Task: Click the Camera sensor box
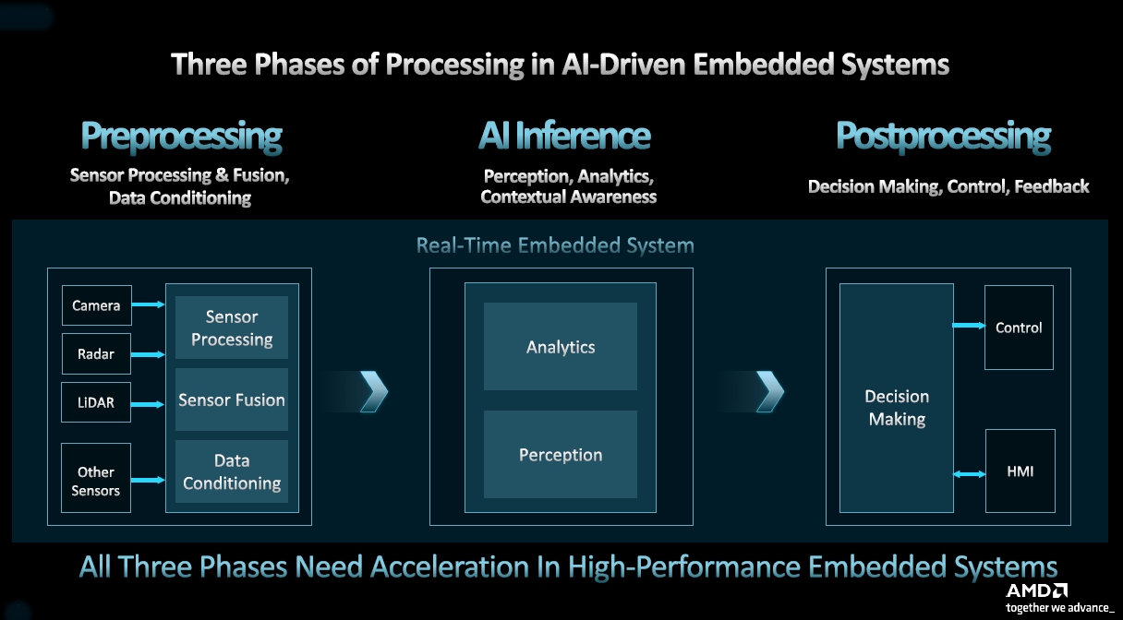(x=96, y=305)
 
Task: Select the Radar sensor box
(x=96, y=353)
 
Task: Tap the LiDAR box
(x=96, y=402)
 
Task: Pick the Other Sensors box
(x=96, y=481)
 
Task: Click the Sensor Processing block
(x=232, y=328)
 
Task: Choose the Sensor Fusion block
(x=232, y=400)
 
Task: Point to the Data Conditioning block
(x=232, y=471)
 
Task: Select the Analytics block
(x=561, y=347)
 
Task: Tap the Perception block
(x=561, y=455)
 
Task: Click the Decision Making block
(x=896, y=407)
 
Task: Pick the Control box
(x=1019, y=328)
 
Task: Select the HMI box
(x=1020, y=471)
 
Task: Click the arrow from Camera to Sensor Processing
(x=149, y=304)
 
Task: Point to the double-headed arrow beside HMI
(x=969, y=474)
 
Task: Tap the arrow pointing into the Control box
(x=969, y=325)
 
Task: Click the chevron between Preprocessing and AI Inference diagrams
(x=373, y=391)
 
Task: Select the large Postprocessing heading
(x=943, y=137)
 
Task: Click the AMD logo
(x=1036, y=590)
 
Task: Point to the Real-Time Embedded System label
(x=555, y=245)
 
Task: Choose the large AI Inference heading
(x=564, y=137)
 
